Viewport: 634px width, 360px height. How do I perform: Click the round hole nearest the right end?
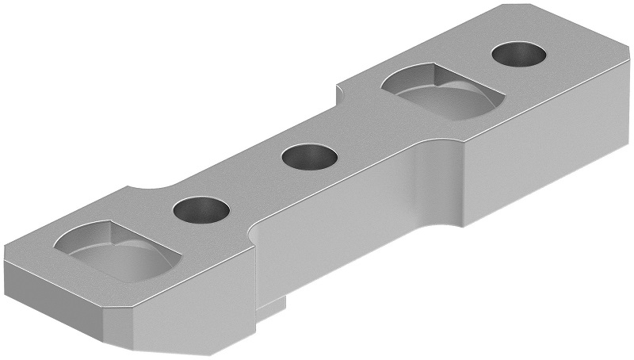pyautogui.click(x=519, y=56)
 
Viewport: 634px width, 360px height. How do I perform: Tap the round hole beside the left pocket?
pyautogui.click(x=201, y=210)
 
